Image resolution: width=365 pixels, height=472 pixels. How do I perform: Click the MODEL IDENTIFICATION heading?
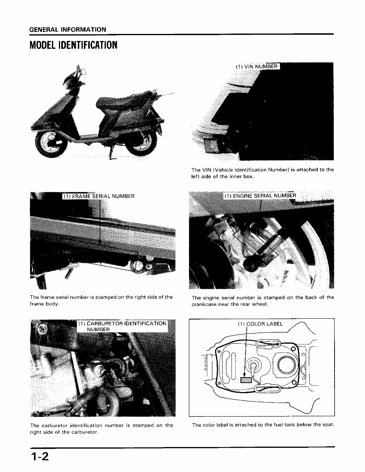point(73,45)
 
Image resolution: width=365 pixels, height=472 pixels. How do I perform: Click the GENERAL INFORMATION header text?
point(68,30)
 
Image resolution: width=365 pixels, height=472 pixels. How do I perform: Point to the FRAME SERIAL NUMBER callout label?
point(99,196)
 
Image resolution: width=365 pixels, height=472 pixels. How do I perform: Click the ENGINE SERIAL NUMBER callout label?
point(260,196)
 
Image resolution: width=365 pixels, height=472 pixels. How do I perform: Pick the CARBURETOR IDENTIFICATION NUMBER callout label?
point(122,326)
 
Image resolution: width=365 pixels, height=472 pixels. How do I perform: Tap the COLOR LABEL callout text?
point(260,324)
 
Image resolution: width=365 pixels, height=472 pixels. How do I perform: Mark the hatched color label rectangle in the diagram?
point(247,380)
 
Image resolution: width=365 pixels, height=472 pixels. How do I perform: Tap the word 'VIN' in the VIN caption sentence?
point(207,170)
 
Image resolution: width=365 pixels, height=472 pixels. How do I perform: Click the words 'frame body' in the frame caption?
point(44,304)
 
